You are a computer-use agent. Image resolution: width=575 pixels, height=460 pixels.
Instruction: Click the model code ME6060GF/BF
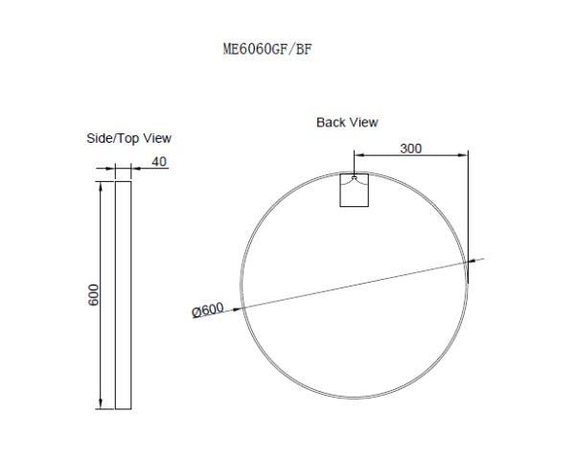pyautogui.click(x=266, y=51)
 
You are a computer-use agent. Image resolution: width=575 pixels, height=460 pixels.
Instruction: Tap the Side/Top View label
pyautogui.click(x=129, y=138)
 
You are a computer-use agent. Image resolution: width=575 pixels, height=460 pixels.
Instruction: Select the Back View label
pyautogui.click(x=347, y=123)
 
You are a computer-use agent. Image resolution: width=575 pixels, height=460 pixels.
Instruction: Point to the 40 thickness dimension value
pyautogui.click(x=159, y=161)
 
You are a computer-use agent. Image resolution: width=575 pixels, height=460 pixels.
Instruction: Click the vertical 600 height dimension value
pyautogui.click(x=94, y=295)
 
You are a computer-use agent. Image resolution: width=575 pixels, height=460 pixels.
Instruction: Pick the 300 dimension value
pyautogui.click(x=411, y=149)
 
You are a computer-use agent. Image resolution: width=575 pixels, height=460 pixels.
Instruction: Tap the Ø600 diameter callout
pyautogui.click(x=208, y=310)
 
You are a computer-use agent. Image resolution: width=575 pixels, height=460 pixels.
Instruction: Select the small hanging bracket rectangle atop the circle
pyautogui.click(x=355, y=190)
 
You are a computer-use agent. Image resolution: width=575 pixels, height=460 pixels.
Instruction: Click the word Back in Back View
pyautogui.click(x=332, y=123)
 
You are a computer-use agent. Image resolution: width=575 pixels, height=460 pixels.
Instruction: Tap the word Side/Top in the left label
pyautogui.click(x=114, y=138)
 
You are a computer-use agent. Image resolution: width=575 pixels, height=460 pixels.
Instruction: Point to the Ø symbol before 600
pyautogui.click(x=195, y=310)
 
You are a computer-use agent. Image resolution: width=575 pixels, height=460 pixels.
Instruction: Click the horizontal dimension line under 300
pyautogui.click(x=411, y=153)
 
